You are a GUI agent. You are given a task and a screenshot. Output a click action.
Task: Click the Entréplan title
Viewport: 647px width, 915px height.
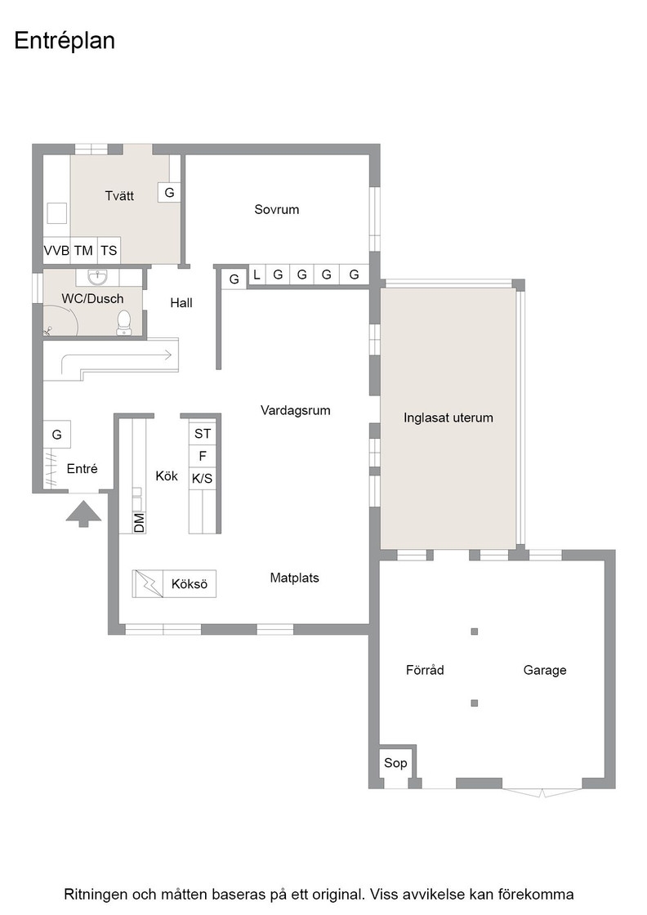point(65,42)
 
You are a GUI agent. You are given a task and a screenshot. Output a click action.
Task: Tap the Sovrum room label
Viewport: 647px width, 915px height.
point(277,209)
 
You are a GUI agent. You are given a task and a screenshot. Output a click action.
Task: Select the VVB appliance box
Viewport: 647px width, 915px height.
point(56,250)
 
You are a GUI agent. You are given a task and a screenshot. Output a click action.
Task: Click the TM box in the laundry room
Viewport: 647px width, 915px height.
point(83,250)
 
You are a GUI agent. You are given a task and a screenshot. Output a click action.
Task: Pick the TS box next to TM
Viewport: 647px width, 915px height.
point(109,250)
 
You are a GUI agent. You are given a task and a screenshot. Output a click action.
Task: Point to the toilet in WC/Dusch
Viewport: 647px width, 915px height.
point(123,322)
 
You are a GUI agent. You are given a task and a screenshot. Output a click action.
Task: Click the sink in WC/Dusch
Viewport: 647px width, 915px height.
point(97,277)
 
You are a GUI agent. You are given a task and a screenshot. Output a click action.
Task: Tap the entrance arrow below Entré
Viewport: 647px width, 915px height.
point(83,514)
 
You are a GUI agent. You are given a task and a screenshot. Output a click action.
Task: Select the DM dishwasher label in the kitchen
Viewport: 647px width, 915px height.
point(139,522)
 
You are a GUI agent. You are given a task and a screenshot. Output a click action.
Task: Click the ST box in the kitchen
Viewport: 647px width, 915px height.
point(203,434)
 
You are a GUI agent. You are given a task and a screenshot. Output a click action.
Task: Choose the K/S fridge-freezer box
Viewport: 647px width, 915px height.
point(203,479)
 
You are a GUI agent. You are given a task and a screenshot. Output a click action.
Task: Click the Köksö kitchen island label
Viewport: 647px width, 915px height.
point(190,583)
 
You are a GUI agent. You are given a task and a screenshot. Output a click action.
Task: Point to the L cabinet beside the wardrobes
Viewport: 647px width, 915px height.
point(257,274)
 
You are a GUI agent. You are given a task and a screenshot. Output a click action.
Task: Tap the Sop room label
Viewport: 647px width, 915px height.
point(395,763)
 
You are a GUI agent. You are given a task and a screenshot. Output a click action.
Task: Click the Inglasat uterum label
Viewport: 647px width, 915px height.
point(448,417)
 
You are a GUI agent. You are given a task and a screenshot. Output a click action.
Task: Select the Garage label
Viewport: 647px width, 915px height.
point(545,670)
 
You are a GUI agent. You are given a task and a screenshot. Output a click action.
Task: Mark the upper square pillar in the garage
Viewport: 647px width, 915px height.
point(475,632)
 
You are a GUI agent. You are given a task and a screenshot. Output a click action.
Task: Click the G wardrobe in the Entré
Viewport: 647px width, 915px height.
point(56,434)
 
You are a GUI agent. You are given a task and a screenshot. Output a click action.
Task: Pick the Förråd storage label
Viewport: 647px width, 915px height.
point(425,669)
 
